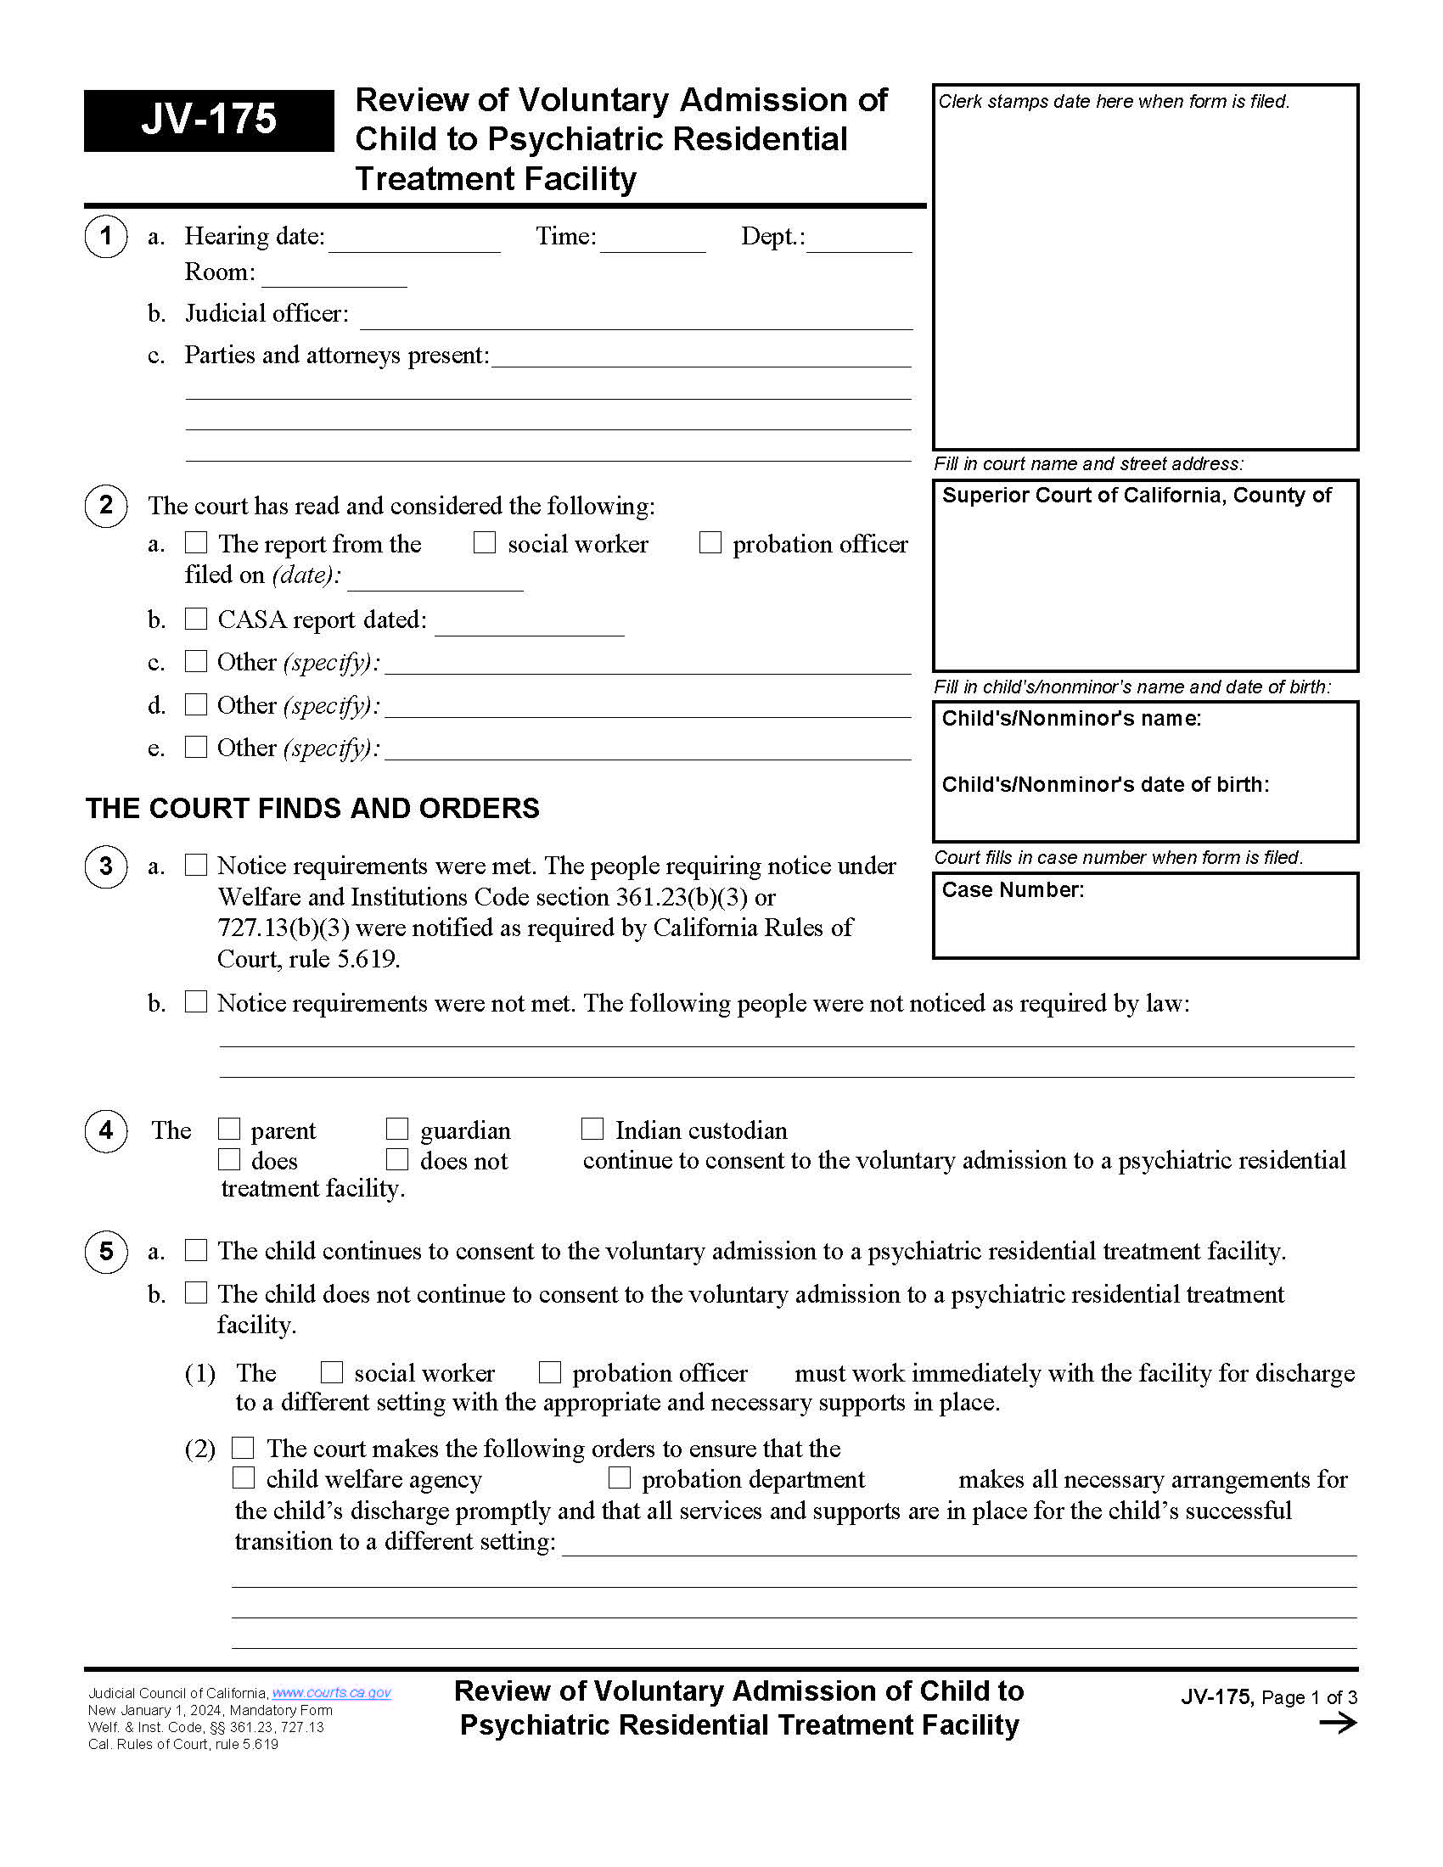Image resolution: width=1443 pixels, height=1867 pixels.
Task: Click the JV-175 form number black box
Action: coord(209,121)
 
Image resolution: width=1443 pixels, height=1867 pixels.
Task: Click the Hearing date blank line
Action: coord(414,243)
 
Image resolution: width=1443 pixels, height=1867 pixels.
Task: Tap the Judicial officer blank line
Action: coord(636,320)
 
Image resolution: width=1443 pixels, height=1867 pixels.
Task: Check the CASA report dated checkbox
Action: coord(197,619)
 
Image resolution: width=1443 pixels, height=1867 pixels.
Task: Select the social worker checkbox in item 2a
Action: coord(485,543)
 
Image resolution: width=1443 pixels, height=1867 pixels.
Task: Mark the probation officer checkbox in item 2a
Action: coord(710,543)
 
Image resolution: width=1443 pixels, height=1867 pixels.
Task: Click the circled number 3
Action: coord(106,866)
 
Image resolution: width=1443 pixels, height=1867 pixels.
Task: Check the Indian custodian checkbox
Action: coord(592,1130)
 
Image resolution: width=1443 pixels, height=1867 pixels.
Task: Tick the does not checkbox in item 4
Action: coord(397,1160)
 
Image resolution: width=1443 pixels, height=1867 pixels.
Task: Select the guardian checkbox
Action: coord(397,1130)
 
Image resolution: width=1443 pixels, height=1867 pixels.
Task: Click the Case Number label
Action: coord(1012,890)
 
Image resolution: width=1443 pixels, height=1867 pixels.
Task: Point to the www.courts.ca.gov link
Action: coord(331,1693)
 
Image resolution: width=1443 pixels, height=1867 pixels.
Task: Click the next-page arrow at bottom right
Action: coord(1337,1724)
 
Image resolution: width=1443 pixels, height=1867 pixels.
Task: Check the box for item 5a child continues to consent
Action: coord(197,1250)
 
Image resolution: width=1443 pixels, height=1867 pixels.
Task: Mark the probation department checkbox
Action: coord(620,1478)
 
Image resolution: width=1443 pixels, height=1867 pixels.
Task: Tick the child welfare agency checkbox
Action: coord(244,1478)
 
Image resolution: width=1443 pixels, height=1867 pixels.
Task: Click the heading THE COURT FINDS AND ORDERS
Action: coord(312,808)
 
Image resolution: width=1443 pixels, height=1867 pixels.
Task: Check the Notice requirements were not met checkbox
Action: coord(197,1002)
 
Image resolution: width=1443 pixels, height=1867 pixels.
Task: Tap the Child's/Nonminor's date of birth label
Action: coord(1104,784)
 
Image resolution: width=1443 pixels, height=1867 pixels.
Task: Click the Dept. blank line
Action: coord(859,243)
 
